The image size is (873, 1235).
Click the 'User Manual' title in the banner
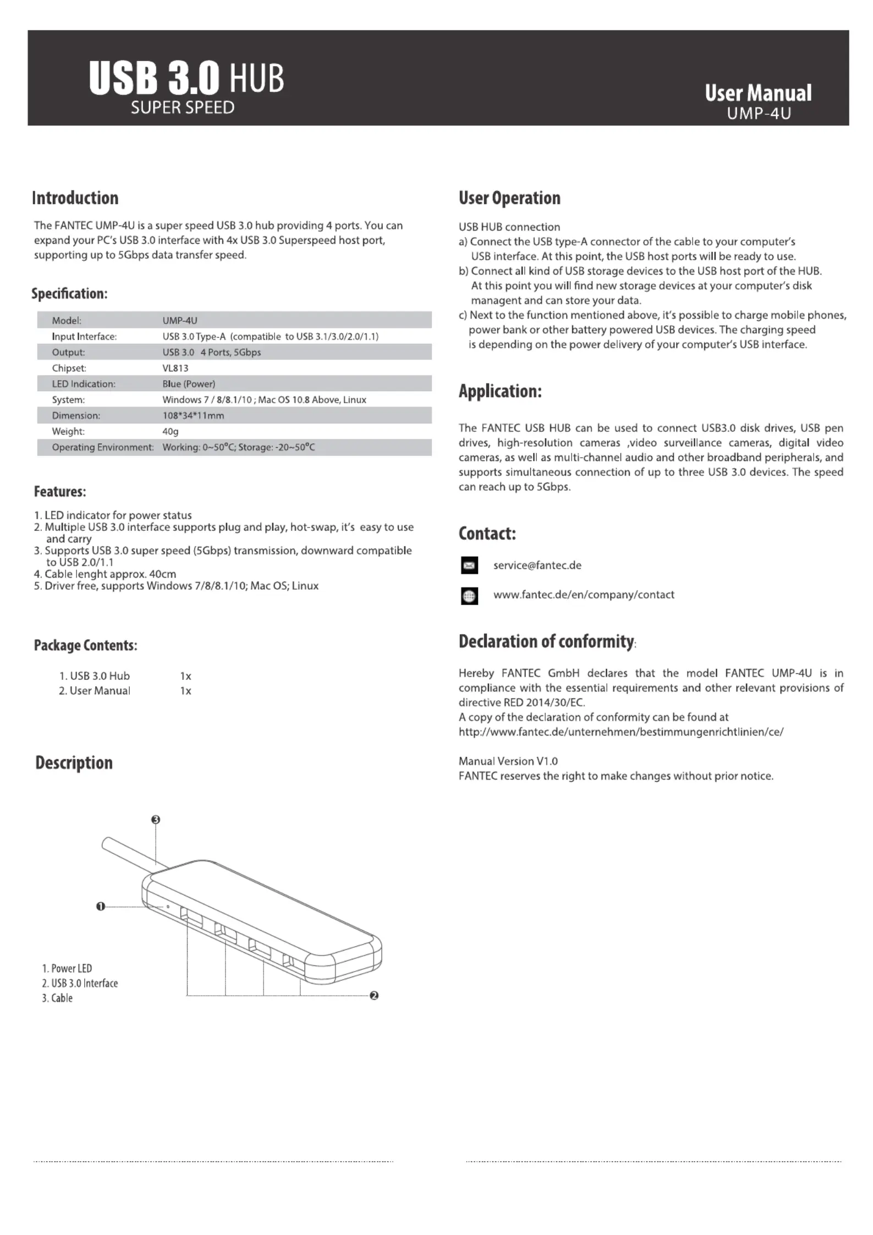[x=757, y=93]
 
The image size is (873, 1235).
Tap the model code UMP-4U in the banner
[x=759, y=114]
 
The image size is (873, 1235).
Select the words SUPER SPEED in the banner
[x=183, y=108]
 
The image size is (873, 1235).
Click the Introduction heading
[x=75, y=198]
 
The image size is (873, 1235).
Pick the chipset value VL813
[x=175, y=368]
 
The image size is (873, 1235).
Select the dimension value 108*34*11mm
[x=193, y=416]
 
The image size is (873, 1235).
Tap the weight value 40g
[x=171, y=432]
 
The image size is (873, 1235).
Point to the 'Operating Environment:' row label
[x=103, y=448]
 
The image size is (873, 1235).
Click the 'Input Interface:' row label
[x=84, y=337]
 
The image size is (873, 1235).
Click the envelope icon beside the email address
[x=469, y=566]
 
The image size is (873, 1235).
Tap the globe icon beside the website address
[x=469, y=596]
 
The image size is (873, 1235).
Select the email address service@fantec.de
[x=537, y=566]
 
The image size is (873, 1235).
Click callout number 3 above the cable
[x=156, y=820]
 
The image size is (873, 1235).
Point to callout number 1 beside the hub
[x=100, y=906]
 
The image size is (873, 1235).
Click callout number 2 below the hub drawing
[x=374, y=996]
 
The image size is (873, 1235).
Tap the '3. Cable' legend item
[x=57, y=998]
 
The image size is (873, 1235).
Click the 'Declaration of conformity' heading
[x=546, y=641]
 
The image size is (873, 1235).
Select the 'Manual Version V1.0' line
[x=508, y=761]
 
